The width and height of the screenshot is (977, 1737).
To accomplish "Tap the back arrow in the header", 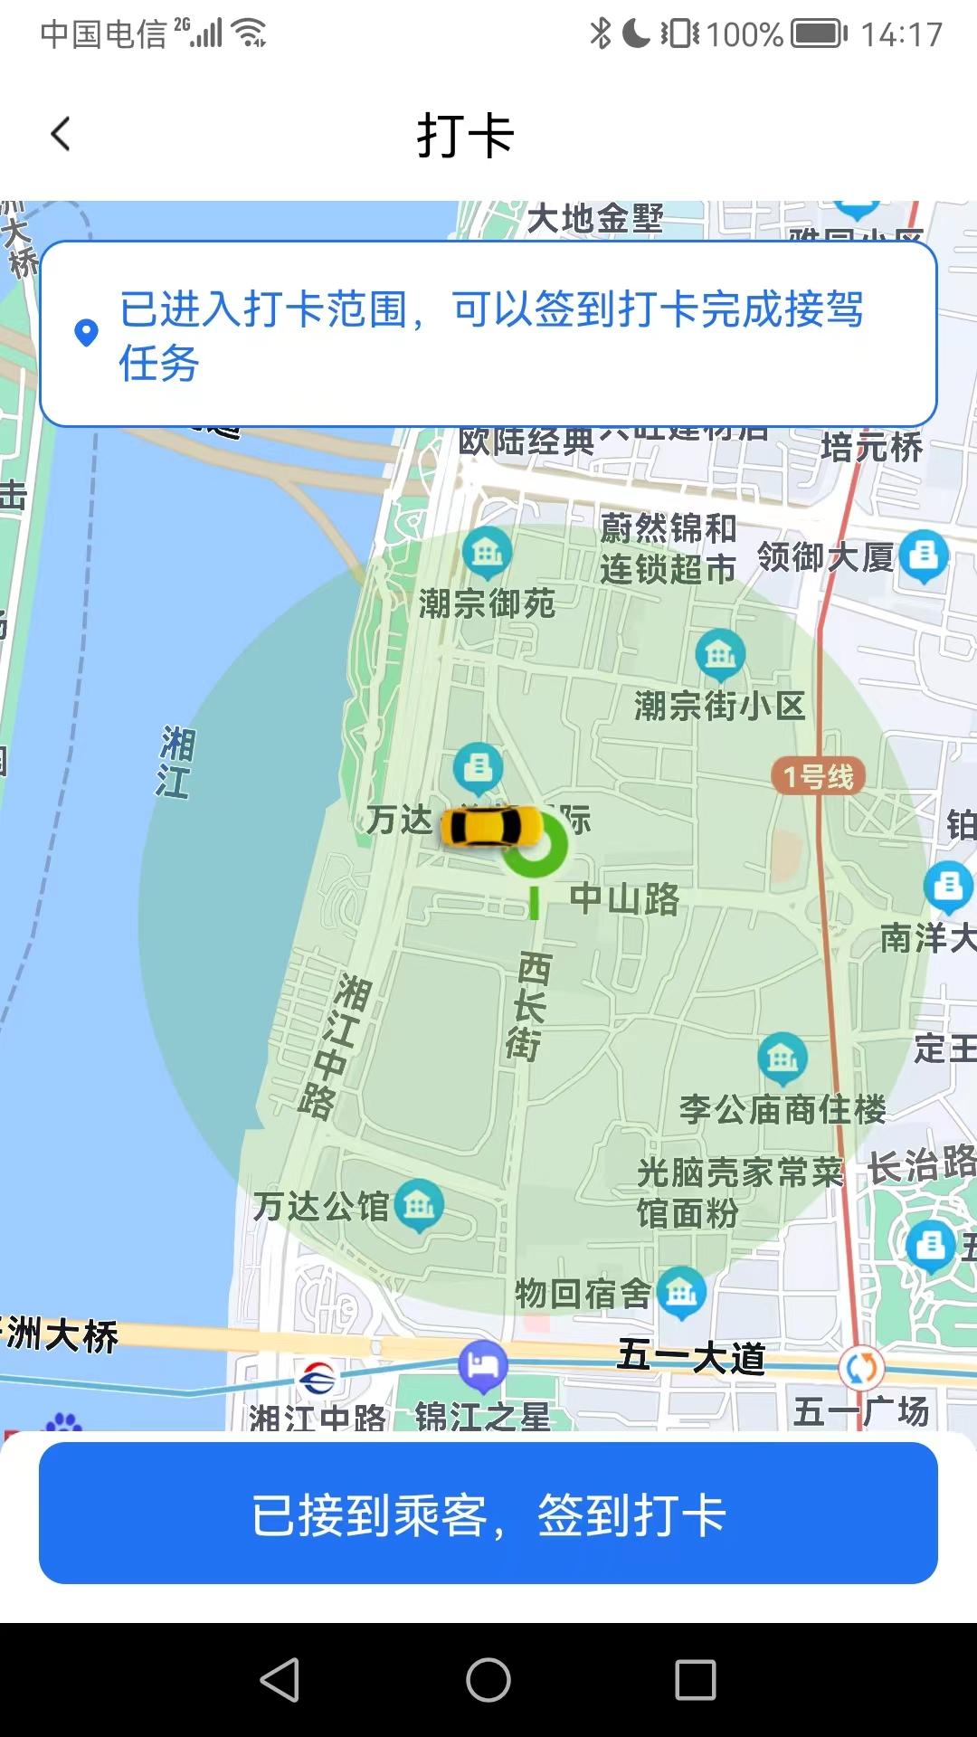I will [61, 135].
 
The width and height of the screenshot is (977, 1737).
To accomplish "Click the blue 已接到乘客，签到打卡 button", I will [488, 1514].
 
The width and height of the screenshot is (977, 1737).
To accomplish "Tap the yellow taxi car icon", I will [490, 826].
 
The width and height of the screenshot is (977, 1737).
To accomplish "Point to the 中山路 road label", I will [624, 898].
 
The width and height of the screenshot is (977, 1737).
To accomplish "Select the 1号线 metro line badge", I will [818, 776].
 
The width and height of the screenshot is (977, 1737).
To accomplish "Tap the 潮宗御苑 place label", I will [487, 603].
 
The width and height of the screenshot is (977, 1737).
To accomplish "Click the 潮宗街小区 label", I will [719, 706].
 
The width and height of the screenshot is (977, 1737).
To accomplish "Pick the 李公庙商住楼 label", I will [783, 1109].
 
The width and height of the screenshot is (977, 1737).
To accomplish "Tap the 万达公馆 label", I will [321, 1206].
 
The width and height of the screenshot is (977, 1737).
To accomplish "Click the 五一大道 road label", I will [692, 1357].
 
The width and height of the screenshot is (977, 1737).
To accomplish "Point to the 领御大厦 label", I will [825, 557].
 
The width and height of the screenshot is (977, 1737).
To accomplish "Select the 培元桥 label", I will [871, 447].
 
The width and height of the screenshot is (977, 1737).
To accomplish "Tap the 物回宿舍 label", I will [583, 1294].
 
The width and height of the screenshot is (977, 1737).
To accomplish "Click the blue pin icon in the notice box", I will [86, 333].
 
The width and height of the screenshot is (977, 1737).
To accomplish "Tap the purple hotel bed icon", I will [482, 1364].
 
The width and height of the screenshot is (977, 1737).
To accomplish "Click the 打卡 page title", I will [466, 136].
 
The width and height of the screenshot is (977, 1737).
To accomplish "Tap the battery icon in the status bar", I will [819, 34].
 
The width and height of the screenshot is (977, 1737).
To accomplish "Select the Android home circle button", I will [488, 1680].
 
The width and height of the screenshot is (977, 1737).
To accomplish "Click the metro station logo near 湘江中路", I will [318, 1380].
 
